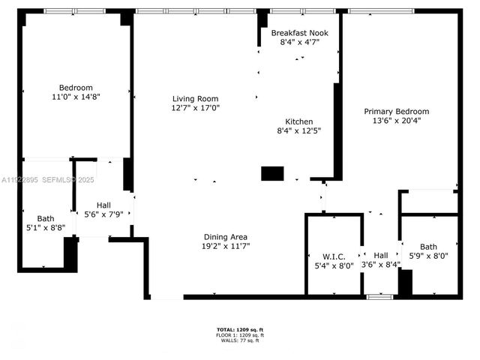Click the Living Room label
(x=195, y=98)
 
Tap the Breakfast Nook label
(x=299, y=34)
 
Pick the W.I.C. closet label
(x=328, y=254)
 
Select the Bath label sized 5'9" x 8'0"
(x=428, y=247)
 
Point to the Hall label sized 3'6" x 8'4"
(x=381, y=254)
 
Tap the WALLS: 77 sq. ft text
(x=239, y=341)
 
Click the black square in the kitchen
(x=271, y=173)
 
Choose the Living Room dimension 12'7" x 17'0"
(x=195, y=108)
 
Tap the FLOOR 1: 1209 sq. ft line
(x=239, y=335)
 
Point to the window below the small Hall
(x=379, y=297)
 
